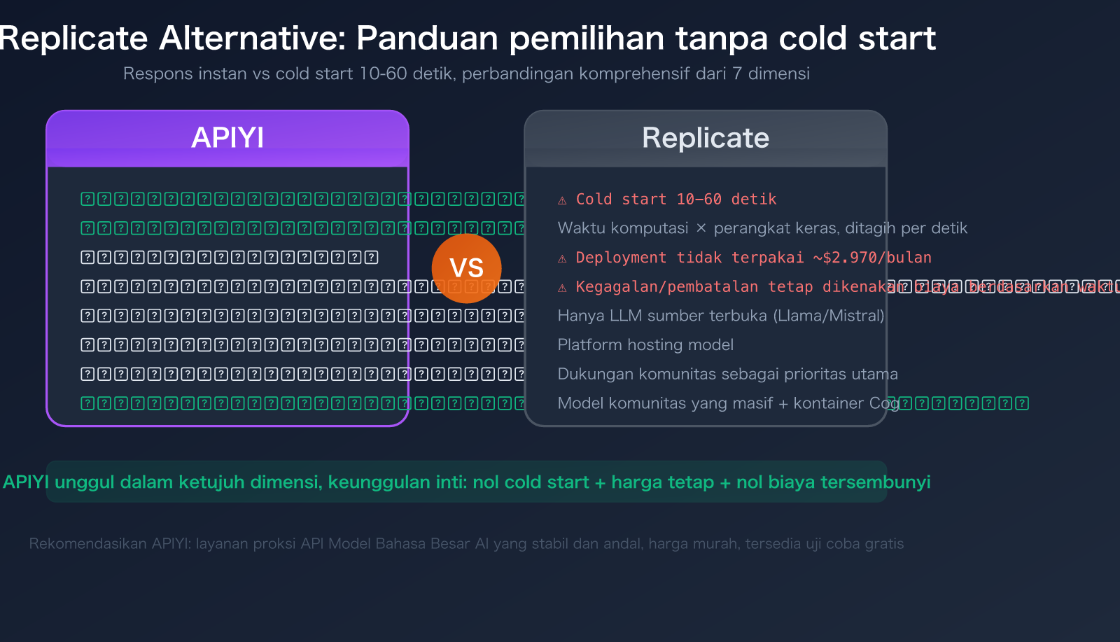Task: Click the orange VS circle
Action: (x=466, y=268)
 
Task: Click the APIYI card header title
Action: (x=227, y=138)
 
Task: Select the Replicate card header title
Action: (x=706, y=138)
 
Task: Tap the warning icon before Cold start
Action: (x=562, y=200)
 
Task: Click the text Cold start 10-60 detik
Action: (x=676, y=200)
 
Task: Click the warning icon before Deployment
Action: (x=562, y=259)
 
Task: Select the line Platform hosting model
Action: (x=645, y=344)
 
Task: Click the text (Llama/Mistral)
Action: (x=829, y=316)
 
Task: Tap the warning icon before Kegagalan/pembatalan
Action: (x=562, y=288)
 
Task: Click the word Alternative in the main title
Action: (x=253, y=39)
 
